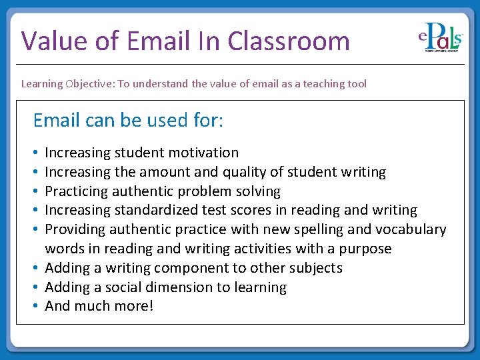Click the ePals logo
pos(440,39)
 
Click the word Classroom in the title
pos(288,41)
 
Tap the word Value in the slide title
pos(54,41)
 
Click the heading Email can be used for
pos(128,121)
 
